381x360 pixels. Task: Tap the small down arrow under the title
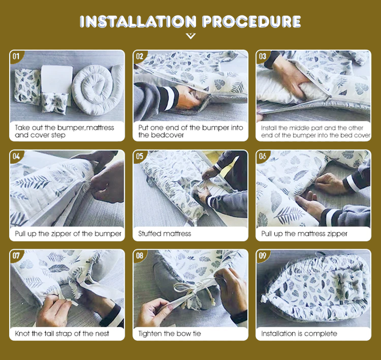[191, 37]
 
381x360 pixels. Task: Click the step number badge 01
[16, 56]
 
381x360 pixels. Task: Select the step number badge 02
[139, 56]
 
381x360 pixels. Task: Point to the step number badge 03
[263, 56]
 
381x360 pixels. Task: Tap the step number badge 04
[16, 156]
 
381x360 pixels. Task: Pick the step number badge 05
[139, 156]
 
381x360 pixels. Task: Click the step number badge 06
[263, 156]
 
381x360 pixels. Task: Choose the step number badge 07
[16, 255]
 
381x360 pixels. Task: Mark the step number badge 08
[139, 255]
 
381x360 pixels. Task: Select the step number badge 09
[263, 255]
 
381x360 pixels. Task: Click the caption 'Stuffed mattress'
[165, 234]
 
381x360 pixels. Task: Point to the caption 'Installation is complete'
[299, 333]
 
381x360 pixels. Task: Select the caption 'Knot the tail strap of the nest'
[62, 333]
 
